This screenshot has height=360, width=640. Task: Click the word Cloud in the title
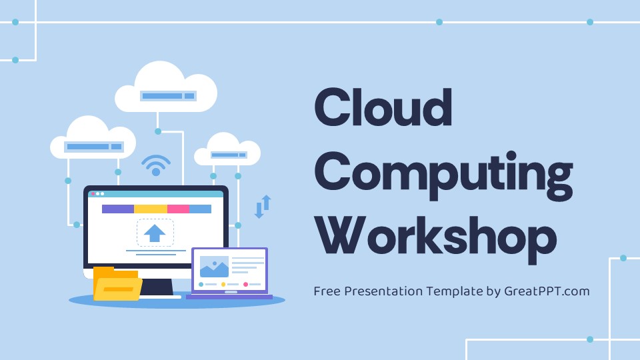point(383,108)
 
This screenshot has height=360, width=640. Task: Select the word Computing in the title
point(443,171)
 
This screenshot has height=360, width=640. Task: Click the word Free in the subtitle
point(327,291)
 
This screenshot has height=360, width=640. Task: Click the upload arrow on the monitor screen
point(155,233)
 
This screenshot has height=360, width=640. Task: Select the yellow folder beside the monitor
point(117,285)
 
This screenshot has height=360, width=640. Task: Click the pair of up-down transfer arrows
point(263,206)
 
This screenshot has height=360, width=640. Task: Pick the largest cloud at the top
point(166,89)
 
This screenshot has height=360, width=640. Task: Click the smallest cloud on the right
point(227,151)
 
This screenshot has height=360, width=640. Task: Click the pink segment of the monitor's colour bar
point(178,209)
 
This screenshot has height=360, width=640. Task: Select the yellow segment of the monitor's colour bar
point(150,209)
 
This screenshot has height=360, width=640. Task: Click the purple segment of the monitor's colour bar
point(117,209)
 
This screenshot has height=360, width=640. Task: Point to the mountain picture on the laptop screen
point(214,267)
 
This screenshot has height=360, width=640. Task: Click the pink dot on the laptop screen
point(245,285)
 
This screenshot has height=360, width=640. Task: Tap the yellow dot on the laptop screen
point(223,285)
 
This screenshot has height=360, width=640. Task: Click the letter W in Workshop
point(338,236)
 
